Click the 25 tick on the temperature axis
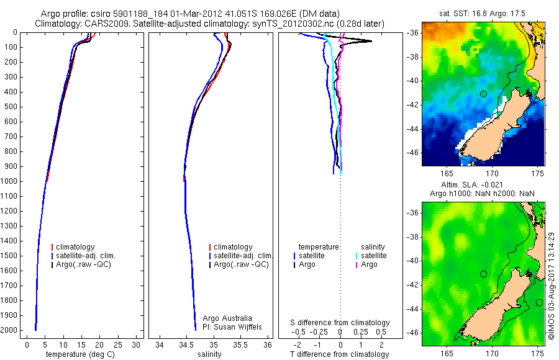(x=117, y=343)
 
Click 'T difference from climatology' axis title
(x=339, y=354)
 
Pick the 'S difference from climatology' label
(x=340, y=323)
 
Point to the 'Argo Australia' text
(x=227, y=318)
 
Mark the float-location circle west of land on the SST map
(x=483, y=94)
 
